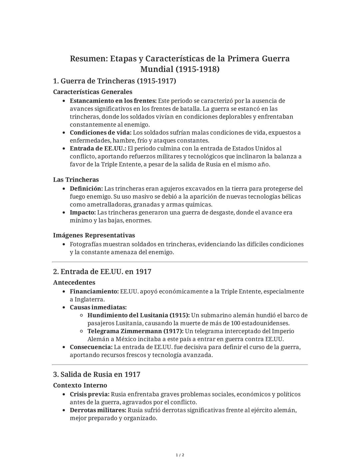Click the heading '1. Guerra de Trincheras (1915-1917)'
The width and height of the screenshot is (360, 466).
[114, 81]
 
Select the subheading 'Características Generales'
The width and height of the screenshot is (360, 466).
[93, 92]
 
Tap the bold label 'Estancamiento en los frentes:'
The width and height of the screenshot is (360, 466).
[113, 101]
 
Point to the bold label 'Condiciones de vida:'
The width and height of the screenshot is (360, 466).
[101, 133]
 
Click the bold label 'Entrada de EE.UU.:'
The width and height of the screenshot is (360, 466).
[98, 148]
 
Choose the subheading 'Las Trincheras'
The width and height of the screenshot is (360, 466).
[76, 180]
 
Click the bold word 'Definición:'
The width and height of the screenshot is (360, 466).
[86, 189]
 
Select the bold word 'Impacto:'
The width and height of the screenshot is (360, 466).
[83, 212]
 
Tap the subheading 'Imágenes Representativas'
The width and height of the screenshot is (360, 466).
[94, 236]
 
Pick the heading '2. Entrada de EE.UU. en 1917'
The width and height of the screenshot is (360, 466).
[102, 272]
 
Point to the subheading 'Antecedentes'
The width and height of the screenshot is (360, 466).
[74, 283]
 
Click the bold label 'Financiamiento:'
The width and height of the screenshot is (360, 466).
[94, 292]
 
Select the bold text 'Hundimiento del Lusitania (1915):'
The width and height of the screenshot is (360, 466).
[139, 315]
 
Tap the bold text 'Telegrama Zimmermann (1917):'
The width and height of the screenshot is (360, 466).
[135, 331]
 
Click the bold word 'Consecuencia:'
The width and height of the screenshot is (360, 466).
[91, 347]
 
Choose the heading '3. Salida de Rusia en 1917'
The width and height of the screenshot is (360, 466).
[97, 374]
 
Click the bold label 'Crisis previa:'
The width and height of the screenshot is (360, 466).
[90, 394]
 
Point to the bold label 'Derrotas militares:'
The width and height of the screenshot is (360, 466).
[98, 410]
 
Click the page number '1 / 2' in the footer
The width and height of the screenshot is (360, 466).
[180, 455]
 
